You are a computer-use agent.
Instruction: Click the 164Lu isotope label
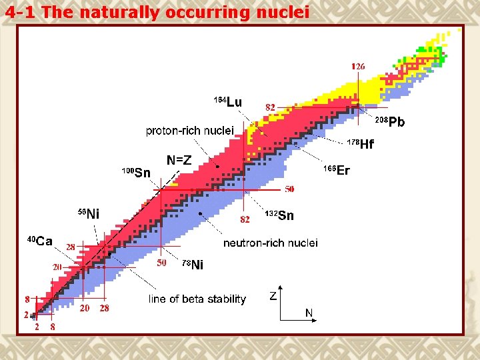click(x=227, y=101)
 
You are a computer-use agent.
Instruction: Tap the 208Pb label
click(x=389, y=121)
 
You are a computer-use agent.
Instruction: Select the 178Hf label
click(x=361, y=144)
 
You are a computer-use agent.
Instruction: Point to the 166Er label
click(x=337, y=171)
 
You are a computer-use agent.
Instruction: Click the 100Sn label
click(x=136, y=173)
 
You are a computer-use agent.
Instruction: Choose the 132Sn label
click(x=279, y=215)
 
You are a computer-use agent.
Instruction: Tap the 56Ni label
click(x=88, y=213)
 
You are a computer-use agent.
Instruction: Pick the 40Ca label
click(x=39, y=241)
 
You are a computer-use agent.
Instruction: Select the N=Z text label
click(x=179, y=161)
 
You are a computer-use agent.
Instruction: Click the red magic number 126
click(x=358, y=67)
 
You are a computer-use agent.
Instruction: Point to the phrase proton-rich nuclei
click(x=190, y=131)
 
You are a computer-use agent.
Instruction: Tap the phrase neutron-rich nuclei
click(x=270, y=243)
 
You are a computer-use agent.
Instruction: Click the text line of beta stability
click(x=197, y=299)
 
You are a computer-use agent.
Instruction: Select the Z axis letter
click(x=273, y=296)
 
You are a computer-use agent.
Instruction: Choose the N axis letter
click(x=309, y=312)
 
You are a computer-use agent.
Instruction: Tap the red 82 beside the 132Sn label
click(x=245, y=219)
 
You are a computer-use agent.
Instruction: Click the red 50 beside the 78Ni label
click(x=161, y=263)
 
